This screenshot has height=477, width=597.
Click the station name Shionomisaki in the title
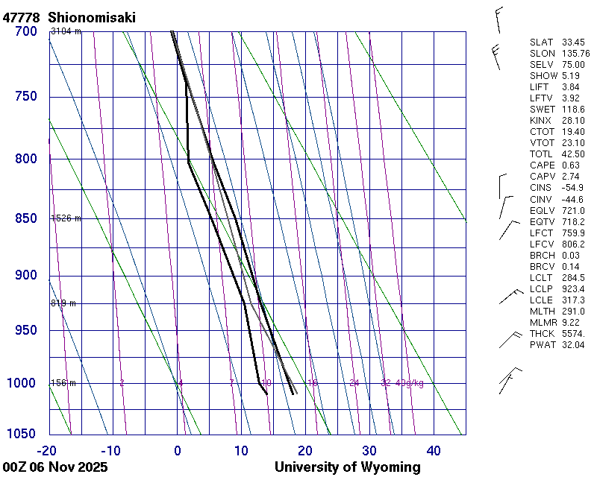tap(92, 17)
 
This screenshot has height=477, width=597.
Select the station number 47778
tap(22, 17)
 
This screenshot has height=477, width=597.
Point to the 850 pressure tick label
tap(26, 218)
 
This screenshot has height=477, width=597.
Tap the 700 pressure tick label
tap(26, 31)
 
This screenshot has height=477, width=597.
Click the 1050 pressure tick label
tap(23, 434)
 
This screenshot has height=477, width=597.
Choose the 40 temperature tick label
tap(434, 450)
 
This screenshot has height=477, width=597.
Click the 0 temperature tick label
tap(178, 450)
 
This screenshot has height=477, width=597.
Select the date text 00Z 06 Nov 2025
tap(55, 467)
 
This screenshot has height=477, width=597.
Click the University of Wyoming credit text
tap(347, 467)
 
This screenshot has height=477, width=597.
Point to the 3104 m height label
tap(66, 31)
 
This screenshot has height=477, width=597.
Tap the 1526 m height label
tap(66, 218)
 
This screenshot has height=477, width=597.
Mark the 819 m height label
tap(63, 303)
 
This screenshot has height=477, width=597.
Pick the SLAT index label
tap(543, 42)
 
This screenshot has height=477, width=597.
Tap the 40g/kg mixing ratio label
tap(410, 383)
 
